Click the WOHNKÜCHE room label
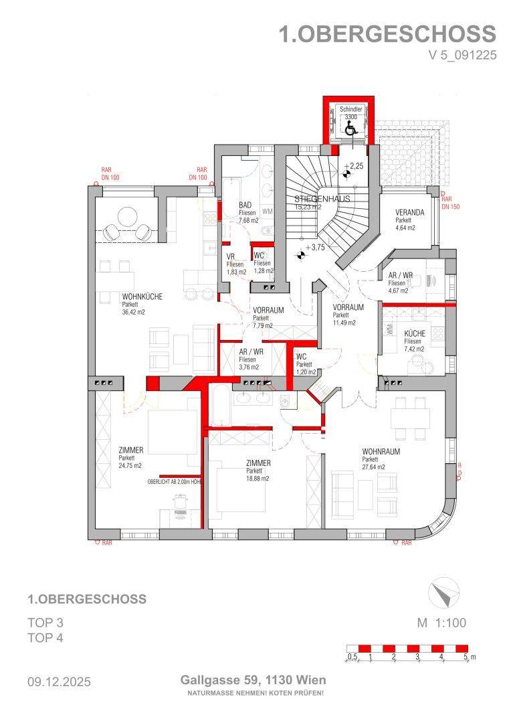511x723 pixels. pos(142,297)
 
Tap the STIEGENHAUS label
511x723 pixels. pos(322,199)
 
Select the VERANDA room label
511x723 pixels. pos(409,213)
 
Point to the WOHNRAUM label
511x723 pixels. pos(381,452)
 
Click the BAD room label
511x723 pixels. pos(245,205)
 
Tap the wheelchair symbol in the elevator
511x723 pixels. pos(352,130)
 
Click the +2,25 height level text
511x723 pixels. pos(354,166)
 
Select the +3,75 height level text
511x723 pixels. pos(315,247)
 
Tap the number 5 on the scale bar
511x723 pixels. pos(465,657)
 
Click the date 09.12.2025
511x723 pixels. pos(59,682)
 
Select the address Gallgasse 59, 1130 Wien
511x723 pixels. pos(253,680)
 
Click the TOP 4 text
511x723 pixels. pos(45,638)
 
